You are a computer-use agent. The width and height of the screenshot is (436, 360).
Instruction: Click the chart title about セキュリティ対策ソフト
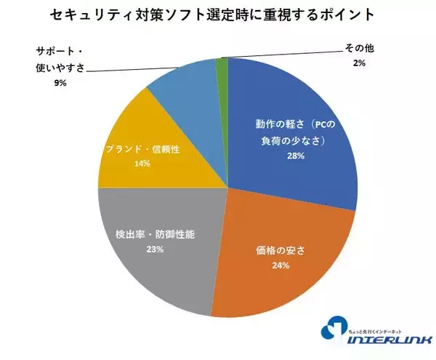[218, 15]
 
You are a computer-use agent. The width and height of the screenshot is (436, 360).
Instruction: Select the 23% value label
[155, 249]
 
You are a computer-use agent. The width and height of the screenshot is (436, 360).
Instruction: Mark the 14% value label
[142, 164]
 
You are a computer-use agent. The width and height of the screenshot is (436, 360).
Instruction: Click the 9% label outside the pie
[60, 84]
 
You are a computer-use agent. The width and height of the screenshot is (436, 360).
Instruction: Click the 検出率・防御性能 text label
[156, 235]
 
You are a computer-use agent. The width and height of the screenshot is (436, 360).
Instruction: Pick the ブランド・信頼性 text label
[142, 149]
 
